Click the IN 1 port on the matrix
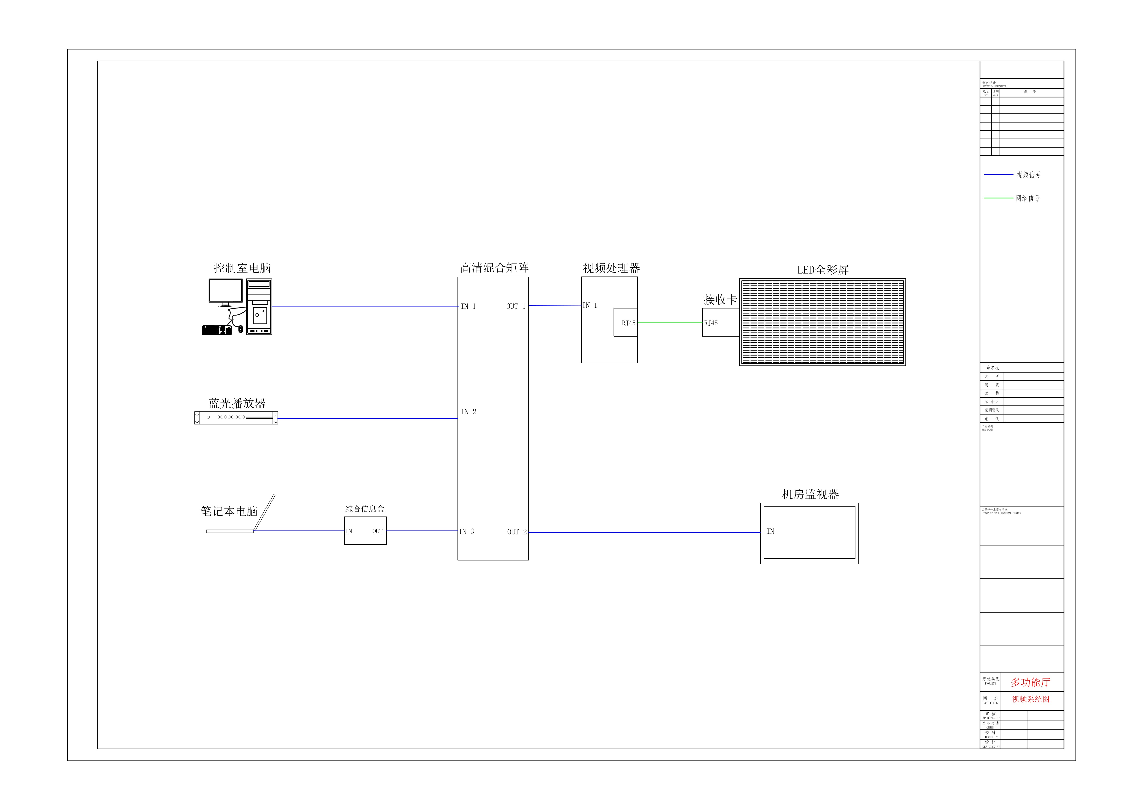point(468,307)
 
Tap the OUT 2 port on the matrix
point(517,532)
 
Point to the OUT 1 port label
point(516,307)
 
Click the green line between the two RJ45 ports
point(670,323)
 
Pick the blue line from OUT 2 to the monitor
point(643,532)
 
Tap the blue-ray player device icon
point(236,418)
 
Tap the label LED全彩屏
point(822,270)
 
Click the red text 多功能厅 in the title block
point(1030,682)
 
